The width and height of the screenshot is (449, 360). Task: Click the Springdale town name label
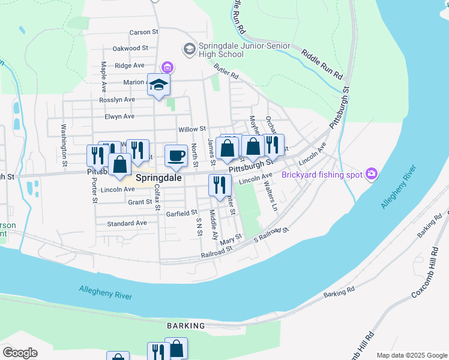[158, 178]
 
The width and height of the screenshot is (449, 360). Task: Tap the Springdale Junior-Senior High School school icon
[190, 48]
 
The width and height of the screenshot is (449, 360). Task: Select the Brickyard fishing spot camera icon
[372, 175]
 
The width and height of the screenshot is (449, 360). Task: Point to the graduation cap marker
[159, 85]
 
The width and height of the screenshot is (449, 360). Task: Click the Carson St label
[143, 32]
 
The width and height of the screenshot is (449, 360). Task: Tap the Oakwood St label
[130, 48]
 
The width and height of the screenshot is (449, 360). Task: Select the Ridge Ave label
[130, 65]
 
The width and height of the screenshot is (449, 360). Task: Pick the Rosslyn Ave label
[117, 99]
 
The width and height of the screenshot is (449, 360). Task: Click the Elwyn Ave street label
[119, 116]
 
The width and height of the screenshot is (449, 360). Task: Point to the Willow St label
[192, 129]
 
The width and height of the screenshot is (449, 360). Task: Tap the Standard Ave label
[127, 223]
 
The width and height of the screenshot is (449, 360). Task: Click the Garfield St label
[182, 213]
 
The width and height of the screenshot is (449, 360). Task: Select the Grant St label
[140, 202]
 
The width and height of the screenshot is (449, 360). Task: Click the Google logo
[20, 353]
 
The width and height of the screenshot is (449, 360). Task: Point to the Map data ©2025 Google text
[412, 355]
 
